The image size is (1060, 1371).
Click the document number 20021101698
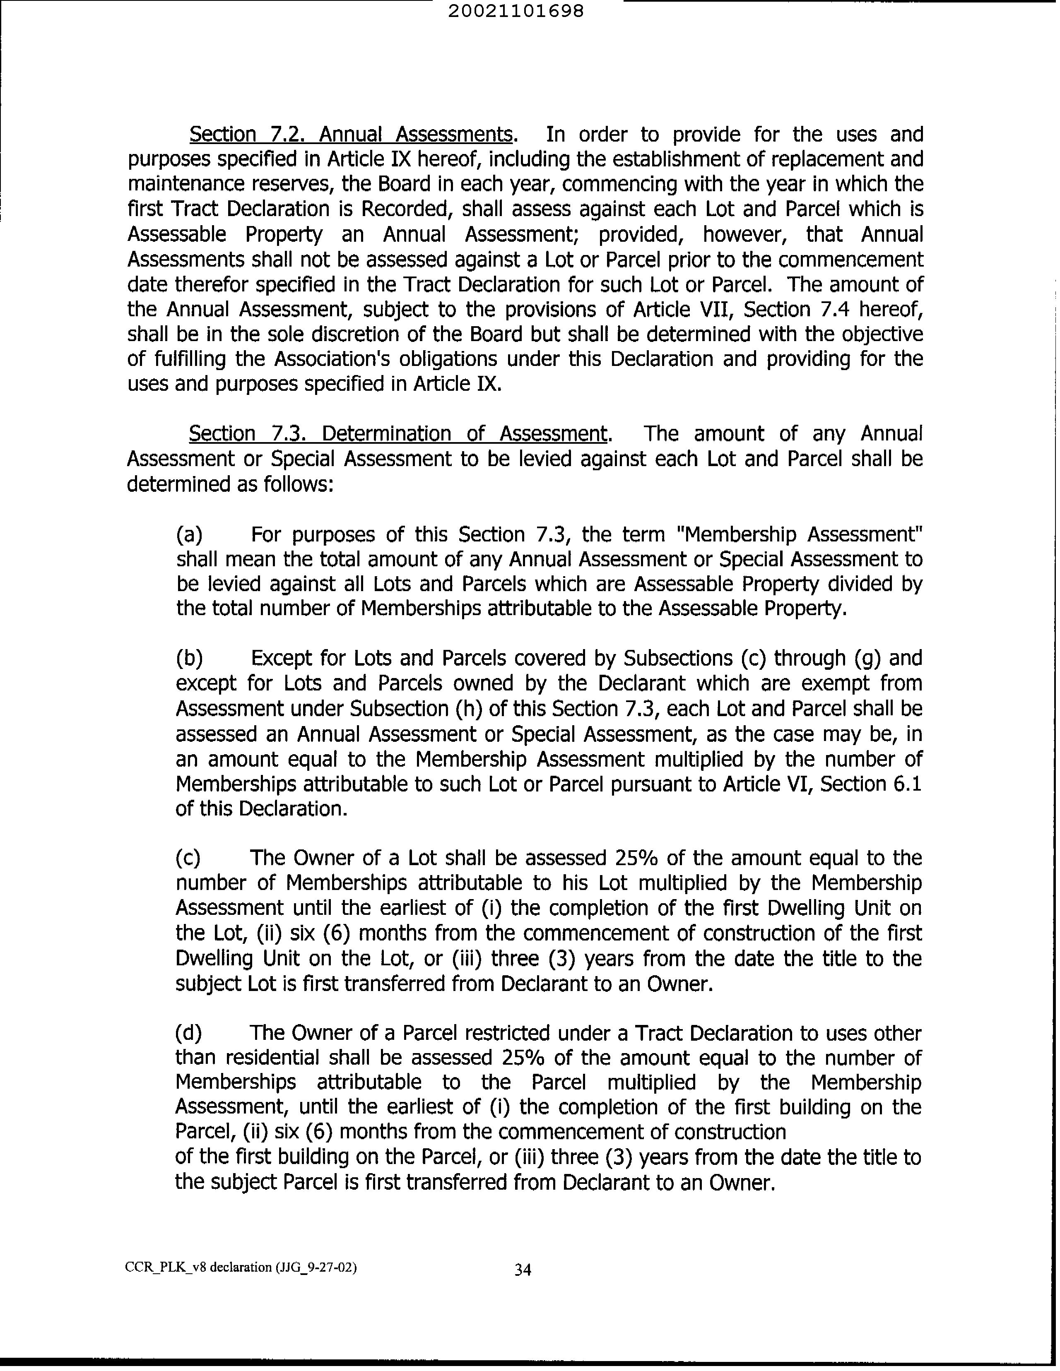(x=516, y=11)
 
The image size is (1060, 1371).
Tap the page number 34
(x=523, y=1269)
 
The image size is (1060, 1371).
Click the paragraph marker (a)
(x=189, y=534)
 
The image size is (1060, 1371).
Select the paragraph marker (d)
(x=188, y=1033)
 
